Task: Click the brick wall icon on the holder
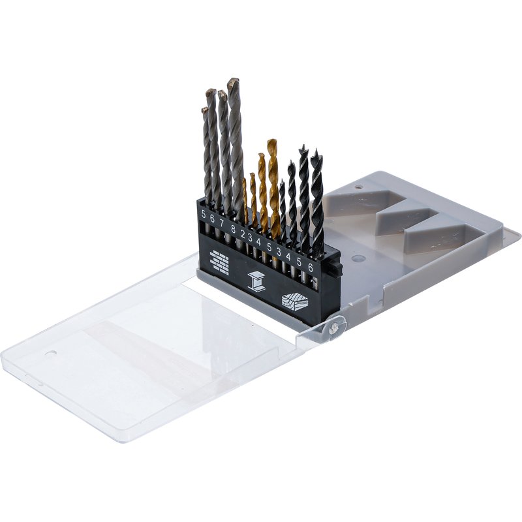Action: point(219,262)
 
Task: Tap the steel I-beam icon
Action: point(256,281)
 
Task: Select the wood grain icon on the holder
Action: point(295,301)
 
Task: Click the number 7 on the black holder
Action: point(222,223)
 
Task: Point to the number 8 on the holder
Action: point(233,229)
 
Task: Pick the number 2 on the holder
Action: point(243,234)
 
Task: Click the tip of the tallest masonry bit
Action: point(234,80)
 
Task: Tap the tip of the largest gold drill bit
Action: point(271,140)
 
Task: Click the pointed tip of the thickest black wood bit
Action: point(316,150)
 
